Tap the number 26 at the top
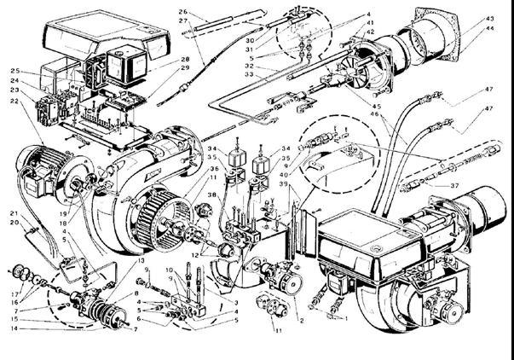pyautogui.click(x=182, y=12)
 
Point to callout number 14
pyautogui.click(x=12, y=328)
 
